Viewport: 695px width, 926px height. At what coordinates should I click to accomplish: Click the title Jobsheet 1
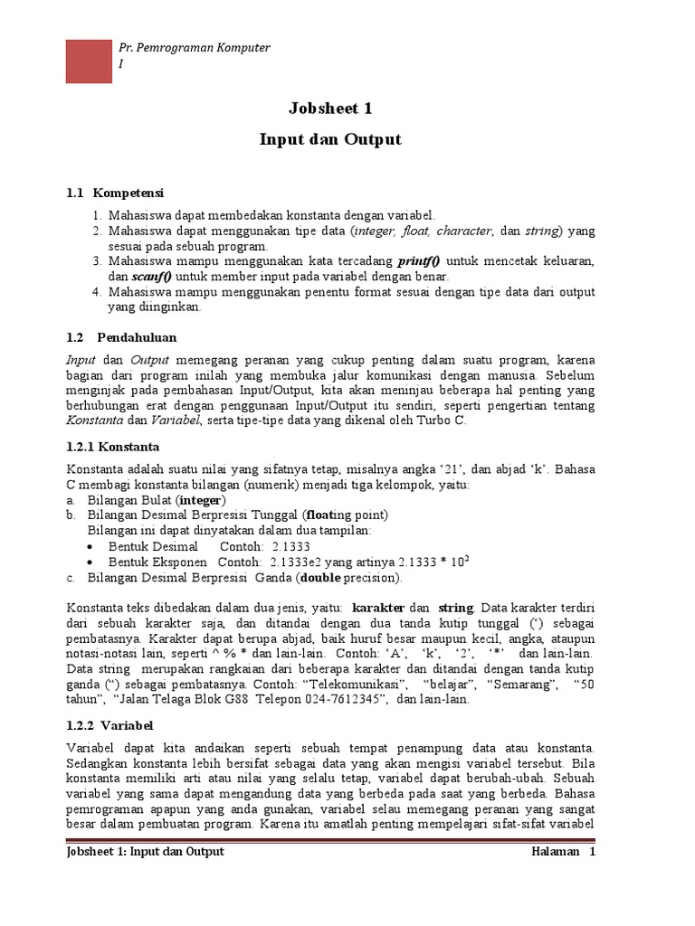coord(330,109)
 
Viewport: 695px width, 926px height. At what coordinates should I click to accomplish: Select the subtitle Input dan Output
coord(330,140)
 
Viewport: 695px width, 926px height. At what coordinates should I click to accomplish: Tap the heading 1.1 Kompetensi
coord(115,193)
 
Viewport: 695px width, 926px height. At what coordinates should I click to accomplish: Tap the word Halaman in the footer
coord(555,852)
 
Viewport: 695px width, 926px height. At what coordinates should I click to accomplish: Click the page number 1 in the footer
coord(592,852)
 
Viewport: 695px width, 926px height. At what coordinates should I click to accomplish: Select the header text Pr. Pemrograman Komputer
coord(195,47)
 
